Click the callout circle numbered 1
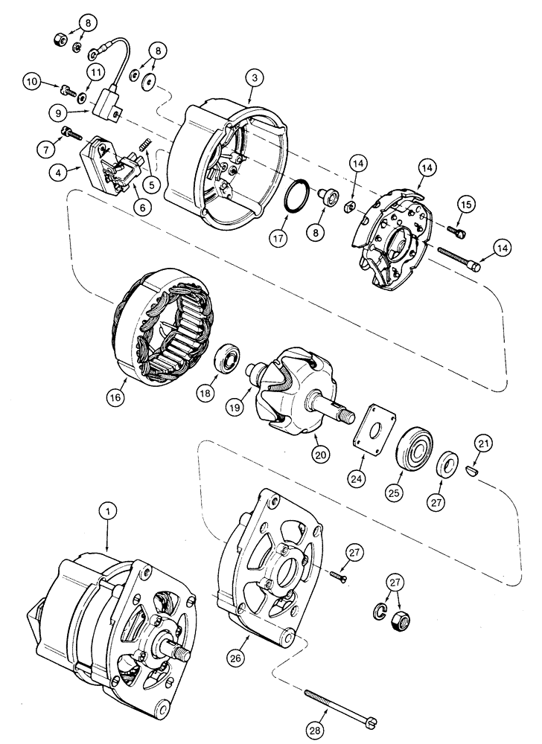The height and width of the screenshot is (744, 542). tap(108, 512)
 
